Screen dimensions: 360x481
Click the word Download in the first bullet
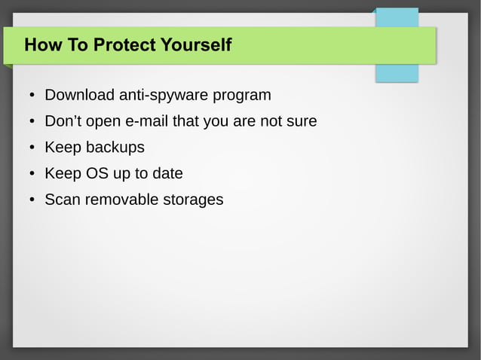click(79, 96)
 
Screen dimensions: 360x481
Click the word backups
click(115, 148)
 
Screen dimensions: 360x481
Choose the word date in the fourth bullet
click(167, 174)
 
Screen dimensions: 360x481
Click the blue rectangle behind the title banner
click(397, 73)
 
